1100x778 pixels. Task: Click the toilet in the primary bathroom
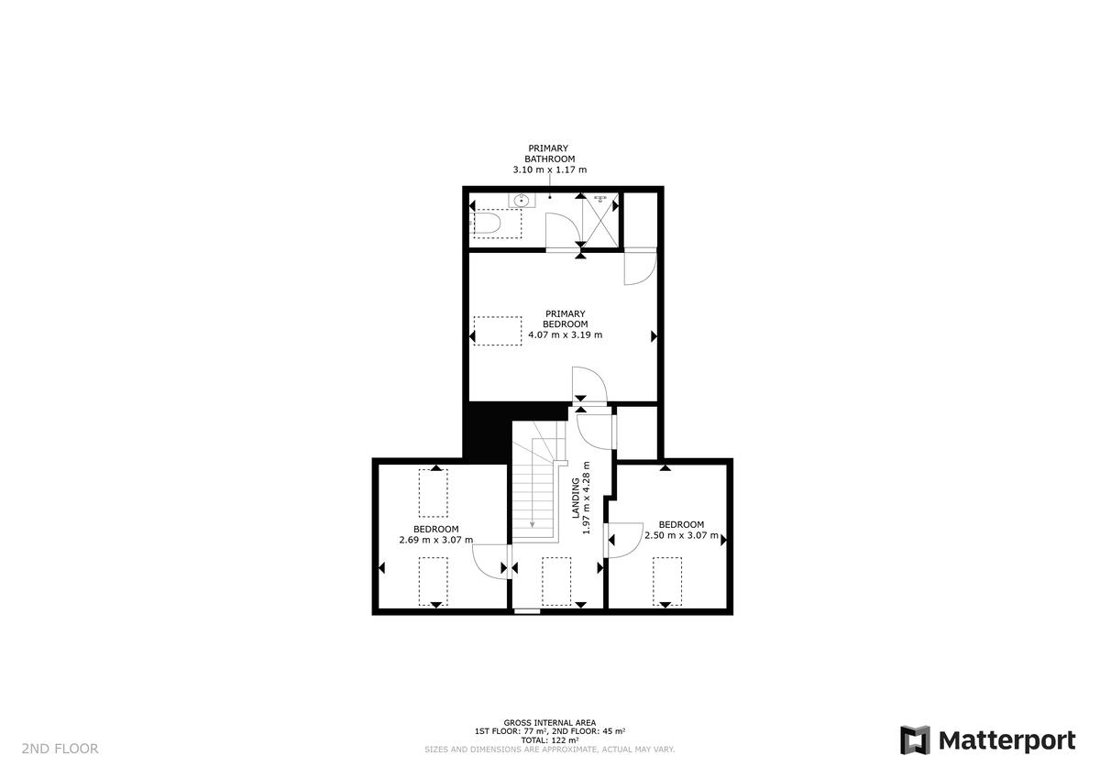tap(487, 223)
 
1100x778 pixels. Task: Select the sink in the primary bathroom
tap(522, 200)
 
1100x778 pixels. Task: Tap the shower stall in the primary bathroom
tap(600, 220)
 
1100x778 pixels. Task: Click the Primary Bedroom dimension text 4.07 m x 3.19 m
tap(565, 335)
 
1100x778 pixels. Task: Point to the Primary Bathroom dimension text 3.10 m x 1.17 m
tap(549, 170)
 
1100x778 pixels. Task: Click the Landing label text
tap(577, 499)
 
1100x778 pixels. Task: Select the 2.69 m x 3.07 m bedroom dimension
tap(435, 540)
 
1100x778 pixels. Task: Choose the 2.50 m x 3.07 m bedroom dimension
tap(681, 535)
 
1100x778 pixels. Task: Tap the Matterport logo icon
tap(914, 740)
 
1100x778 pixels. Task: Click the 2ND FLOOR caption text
tap(60, 749)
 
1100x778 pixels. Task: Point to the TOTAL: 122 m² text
tap(549, 740)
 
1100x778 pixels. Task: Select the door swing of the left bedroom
tap(490, 558)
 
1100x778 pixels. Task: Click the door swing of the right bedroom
tap(623, 539)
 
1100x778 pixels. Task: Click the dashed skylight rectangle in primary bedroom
tap(498, 331)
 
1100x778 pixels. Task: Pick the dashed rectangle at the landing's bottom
tap(556, 581)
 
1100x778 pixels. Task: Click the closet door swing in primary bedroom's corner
tap(638, 268)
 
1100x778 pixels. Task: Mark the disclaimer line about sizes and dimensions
tap(549, 750)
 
